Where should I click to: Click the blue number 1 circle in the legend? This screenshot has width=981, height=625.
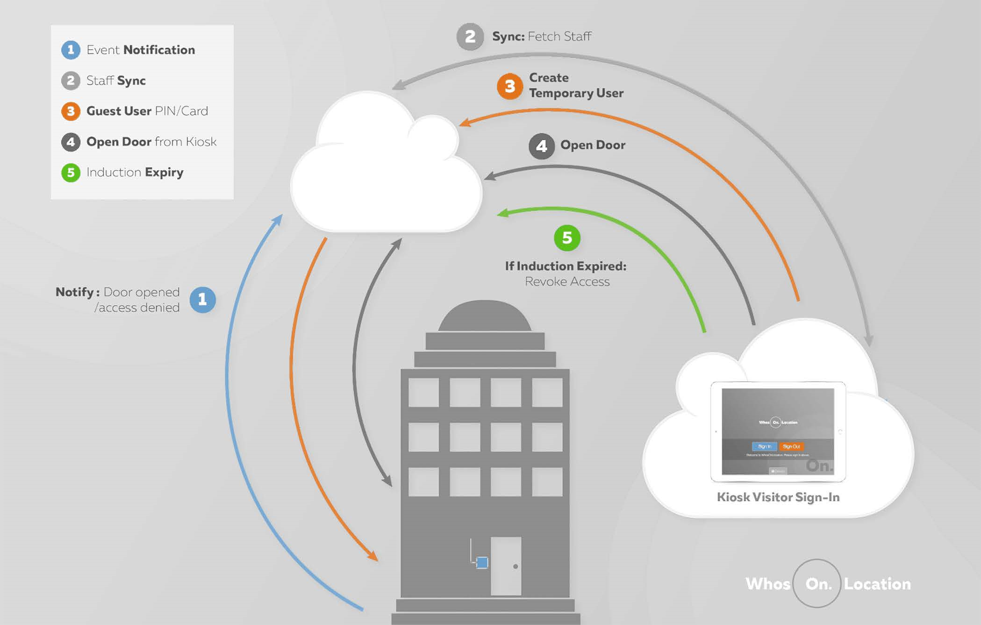coord(71,50)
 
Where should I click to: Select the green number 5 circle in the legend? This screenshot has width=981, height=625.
coord(71,172)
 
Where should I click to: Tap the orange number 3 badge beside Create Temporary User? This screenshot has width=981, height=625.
coord(509,86)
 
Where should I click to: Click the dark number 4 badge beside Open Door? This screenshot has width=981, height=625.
coord(541,146)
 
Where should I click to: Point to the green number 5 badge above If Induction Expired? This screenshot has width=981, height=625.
coord(567,238)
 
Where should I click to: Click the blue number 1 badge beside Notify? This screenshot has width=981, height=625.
coord(202,300)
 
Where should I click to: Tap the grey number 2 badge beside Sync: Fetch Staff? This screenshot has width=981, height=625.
coord(470,36)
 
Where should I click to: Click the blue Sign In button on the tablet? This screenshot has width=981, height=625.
coord(764,446)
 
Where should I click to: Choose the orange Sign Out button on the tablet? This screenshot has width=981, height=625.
coord(791,446)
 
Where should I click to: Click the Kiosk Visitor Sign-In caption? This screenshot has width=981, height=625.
coord(778,497)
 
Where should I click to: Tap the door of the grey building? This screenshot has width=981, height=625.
coord(506,566)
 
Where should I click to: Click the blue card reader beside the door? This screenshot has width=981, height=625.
coord(482,562)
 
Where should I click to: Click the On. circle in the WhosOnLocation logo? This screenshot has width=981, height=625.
coord(817,583)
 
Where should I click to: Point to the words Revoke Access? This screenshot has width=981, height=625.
coord(567,281)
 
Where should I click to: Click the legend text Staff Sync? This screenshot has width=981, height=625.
coord(116,80)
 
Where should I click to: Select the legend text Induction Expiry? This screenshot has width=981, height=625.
coord(135,172)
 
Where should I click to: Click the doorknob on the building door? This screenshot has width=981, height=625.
coord(516,567)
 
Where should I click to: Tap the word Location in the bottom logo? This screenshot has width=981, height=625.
coord(877,584)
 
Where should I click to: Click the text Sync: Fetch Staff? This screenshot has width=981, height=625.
coord(541,36)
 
